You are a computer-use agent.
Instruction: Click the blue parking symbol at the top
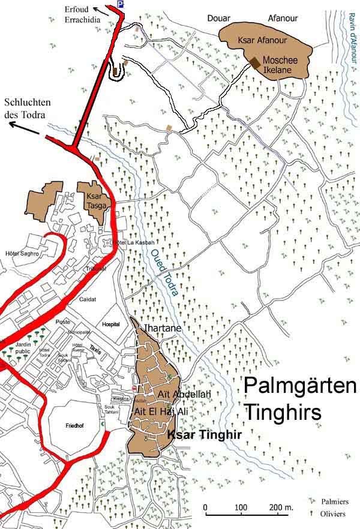121,4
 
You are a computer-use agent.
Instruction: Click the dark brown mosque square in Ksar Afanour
256,62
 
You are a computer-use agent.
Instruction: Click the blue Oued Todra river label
161,270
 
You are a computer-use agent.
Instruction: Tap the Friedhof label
74,425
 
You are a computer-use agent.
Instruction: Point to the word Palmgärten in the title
299,387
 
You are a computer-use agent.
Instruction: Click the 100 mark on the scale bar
240,509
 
